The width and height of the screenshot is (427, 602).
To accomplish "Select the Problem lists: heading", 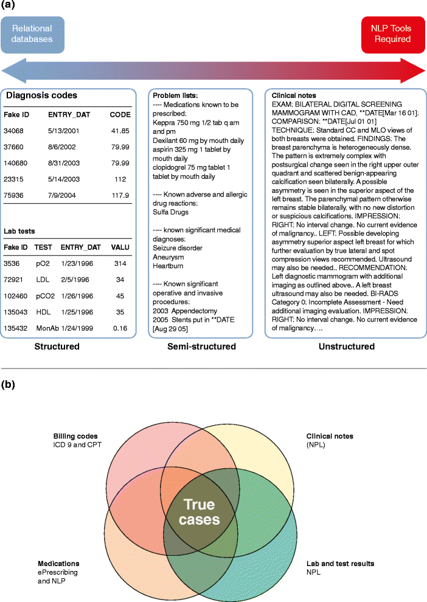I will coord(176,96).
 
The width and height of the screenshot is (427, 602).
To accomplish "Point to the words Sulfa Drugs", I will coord(172,213).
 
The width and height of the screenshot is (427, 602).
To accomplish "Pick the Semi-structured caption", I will coord(201,347).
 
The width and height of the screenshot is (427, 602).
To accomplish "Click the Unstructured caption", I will coord(346,347).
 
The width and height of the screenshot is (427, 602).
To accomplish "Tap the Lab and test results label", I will coord(340,564).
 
